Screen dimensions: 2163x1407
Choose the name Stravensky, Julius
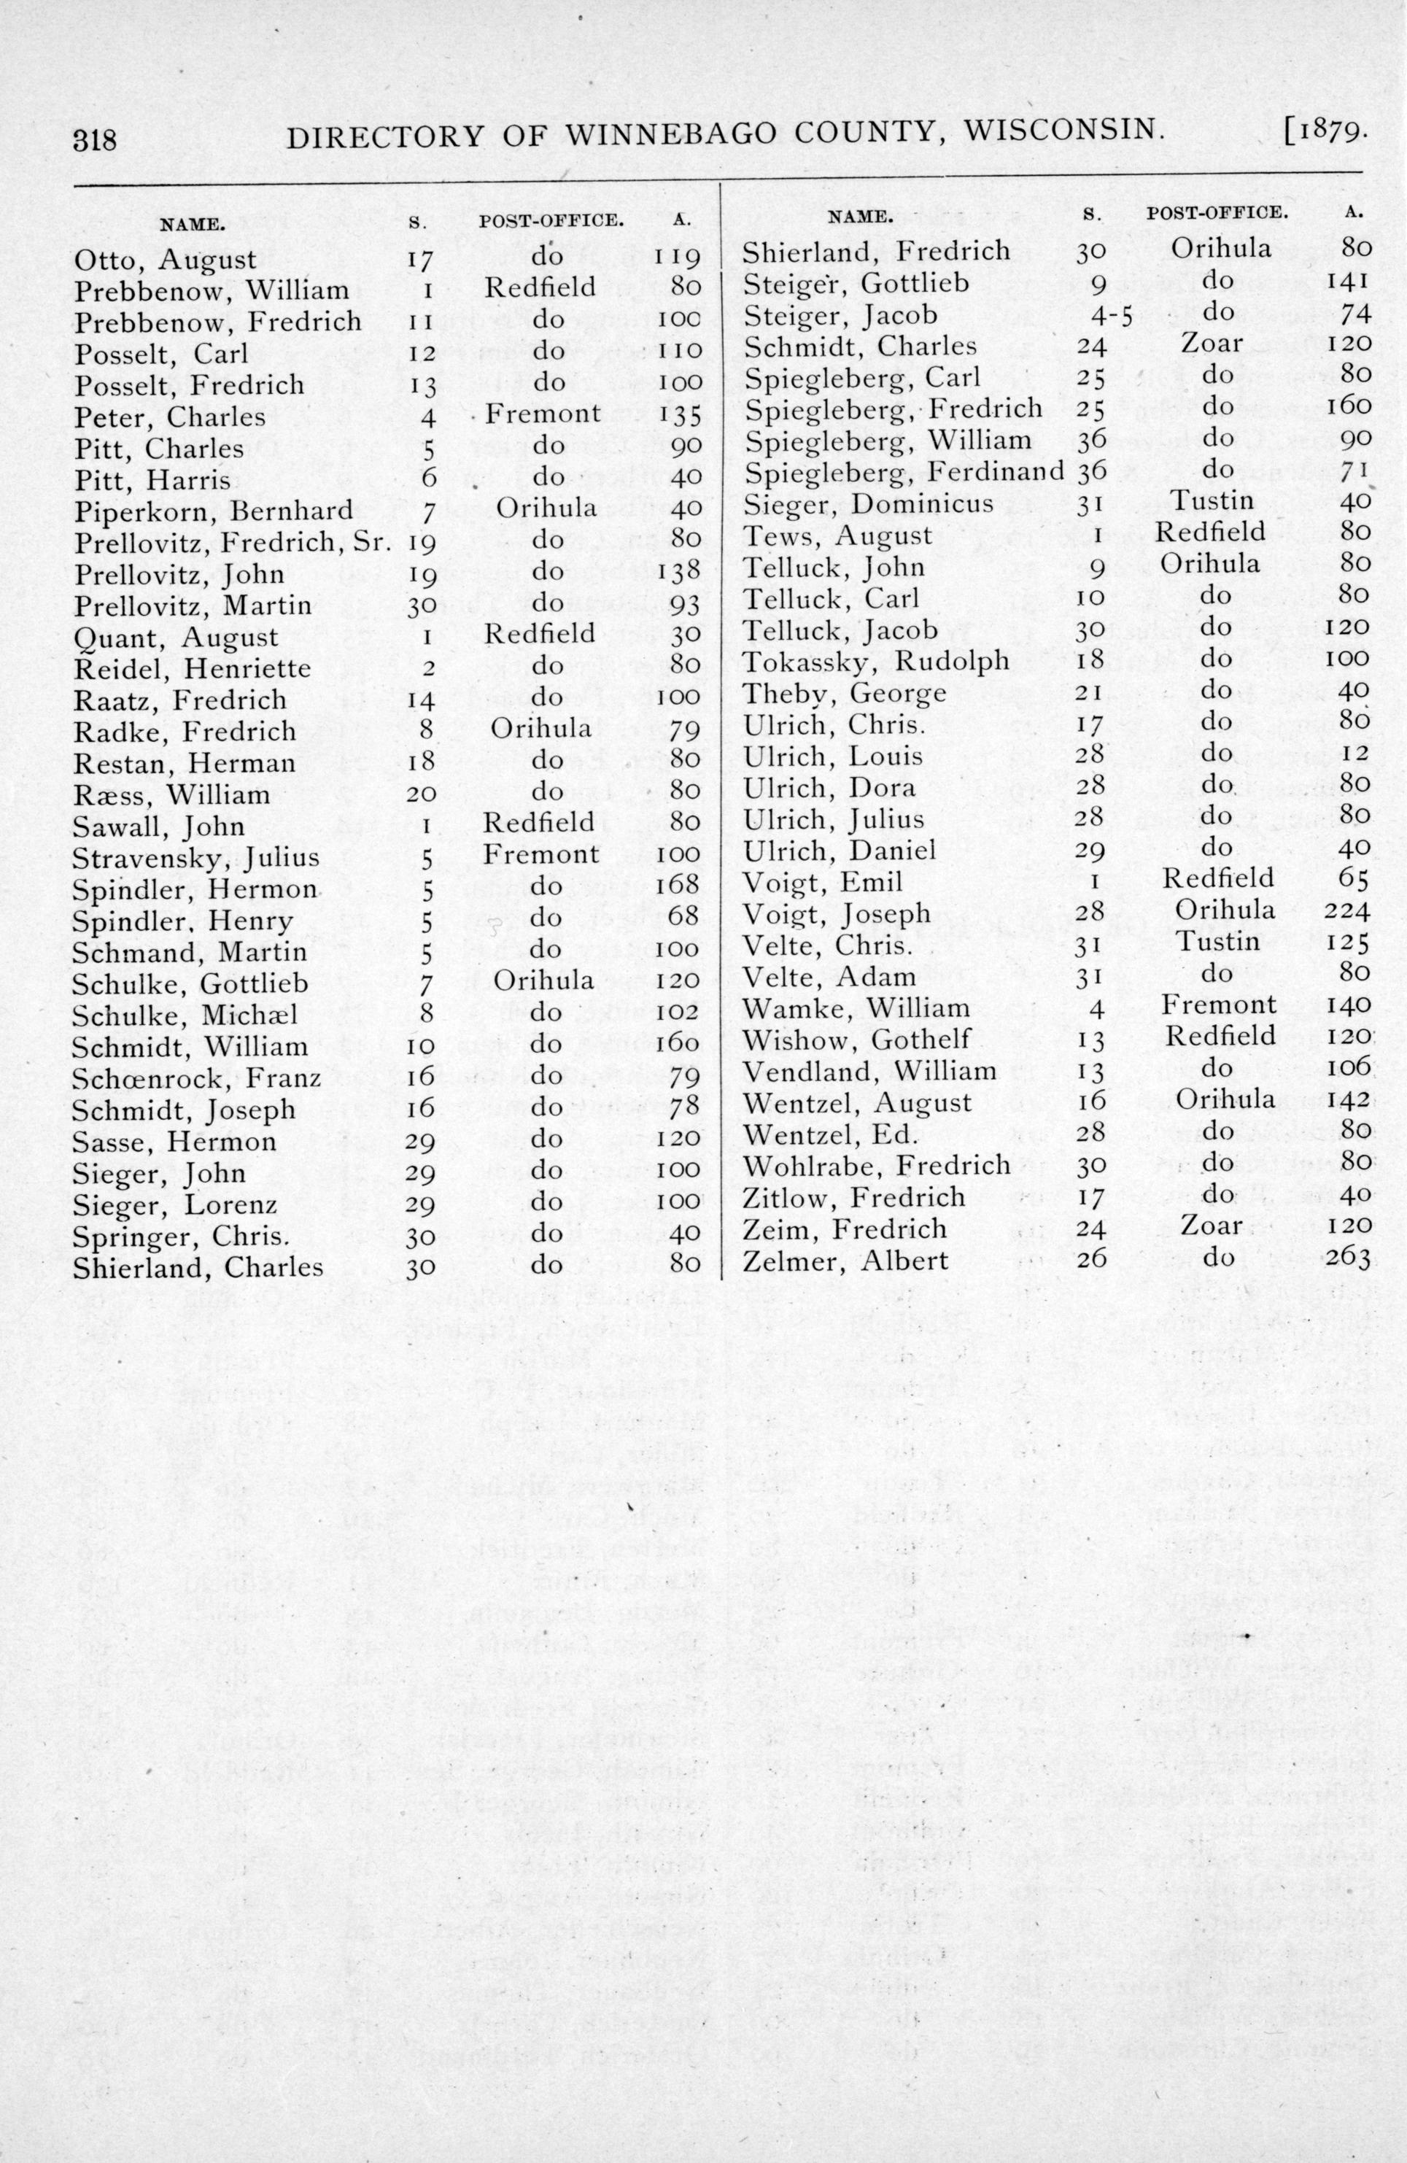click(x=195, y=857)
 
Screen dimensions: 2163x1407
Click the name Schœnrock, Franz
click(x=196, y=1078)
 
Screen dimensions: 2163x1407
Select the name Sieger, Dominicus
click(x=868, y=503)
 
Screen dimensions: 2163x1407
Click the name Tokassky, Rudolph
click(x=876, y=661)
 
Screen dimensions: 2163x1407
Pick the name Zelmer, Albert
click(x=845, y=1261)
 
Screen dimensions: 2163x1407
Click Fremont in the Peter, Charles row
click(x=543, y=414)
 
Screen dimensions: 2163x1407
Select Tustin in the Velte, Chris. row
click(x=1218, y=942)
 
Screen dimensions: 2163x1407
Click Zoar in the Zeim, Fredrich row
click(x=1212, y=1226)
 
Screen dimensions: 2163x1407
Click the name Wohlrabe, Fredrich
click(x=876, y=1165)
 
